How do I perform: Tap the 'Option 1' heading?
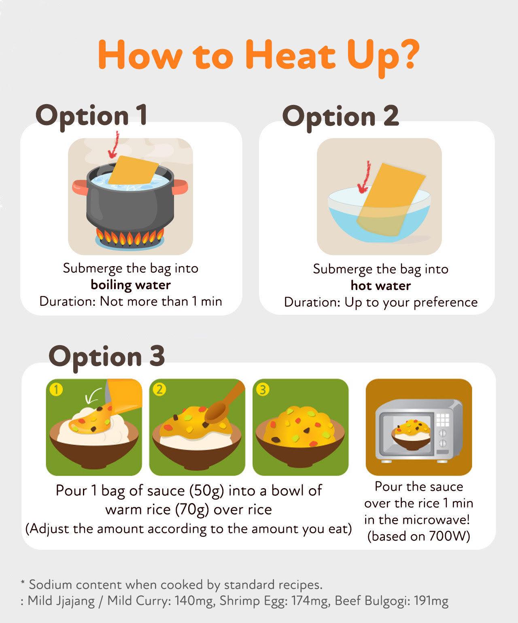[x=91, y=115]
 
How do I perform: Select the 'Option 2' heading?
[x=340, y=116]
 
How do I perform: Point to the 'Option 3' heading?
[x=106, y=356]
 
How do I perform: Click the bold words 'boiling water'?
[x=131, y=285]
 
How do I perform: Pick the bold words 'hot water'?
[x=380, y=286]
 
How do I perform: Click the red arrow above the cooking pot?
[x=115, y=146]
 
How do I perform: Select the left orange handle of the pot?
[x=80, y=187]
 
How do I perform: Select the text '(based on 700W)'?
[x=418, y=536]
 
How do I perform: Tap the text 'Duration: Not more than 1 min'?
[x=131, y=301]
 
